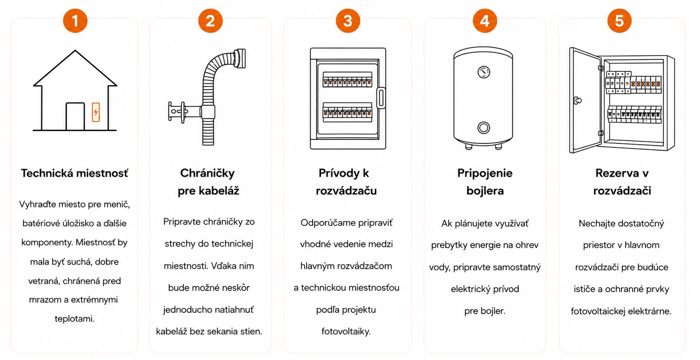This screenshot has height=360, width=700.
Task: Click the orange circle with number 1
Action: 75,21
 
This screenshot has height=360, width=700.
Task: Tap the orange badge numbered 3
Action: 348,21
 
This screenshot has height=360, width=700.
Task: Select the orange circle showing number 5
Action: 619,21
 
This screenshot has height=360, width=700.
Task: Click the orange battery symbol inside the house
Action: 96,112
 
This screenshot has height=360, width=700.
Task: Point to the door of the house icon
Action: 75,117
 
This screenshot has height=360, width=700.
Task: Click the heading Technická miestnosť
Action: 74,173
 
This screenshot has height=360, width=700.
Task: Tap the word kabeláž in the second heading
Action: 220,191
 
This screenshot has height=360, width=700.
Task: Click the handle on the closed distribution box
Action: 381,98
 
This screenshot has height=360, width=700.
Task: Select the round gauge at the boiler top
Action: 484,72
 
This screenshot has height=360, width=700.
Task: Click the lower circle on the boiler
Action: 483,128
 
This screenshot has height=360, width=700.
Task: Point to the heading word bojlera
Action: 485,191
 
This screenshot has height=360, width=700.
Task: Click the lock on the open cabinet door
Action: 577,101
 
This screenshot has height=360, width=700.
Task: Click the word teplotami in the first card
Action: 74,319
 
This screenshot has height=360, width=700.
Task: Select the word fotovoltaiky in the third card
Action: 346,332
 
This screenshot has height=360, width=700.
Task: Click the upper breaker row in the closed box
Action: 347,80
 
